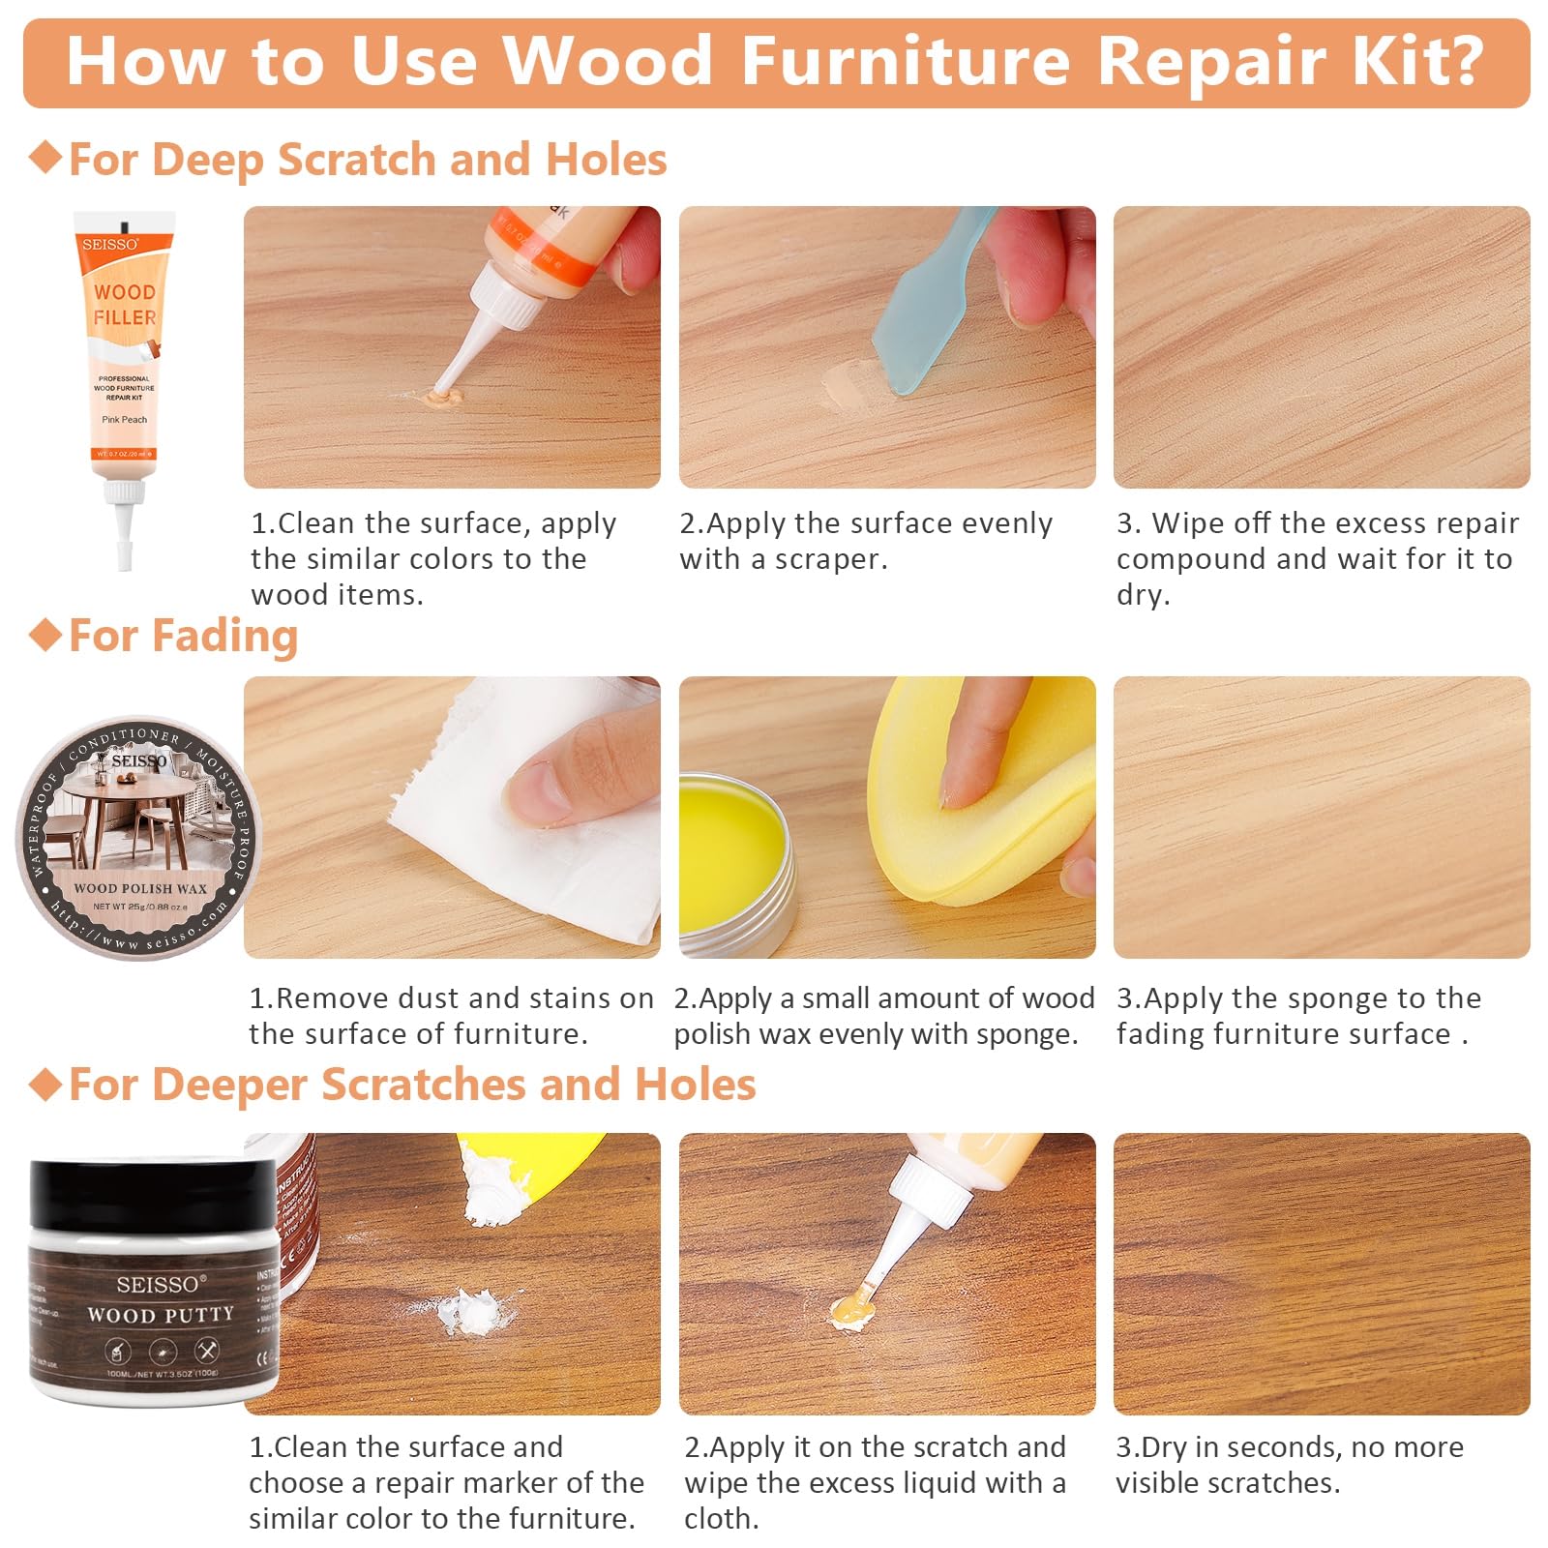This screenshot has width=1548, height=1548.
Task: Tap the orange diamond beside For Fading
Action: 45,636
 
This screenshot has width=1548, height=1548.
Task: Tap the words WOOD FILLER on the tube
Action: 125,304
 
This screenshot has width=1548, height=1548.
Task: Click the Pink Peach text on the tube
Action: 125,420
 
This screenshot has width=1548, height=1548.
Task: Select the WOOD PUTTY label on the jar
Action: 161,1315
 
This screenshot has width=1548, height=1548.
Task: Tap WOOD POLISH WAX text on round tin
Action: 140,887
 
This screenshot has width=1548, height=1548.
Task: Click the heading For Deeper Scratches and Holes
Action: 412,1085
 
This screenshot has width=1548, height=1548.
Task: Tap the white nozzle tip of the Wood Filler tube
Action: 125,553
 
